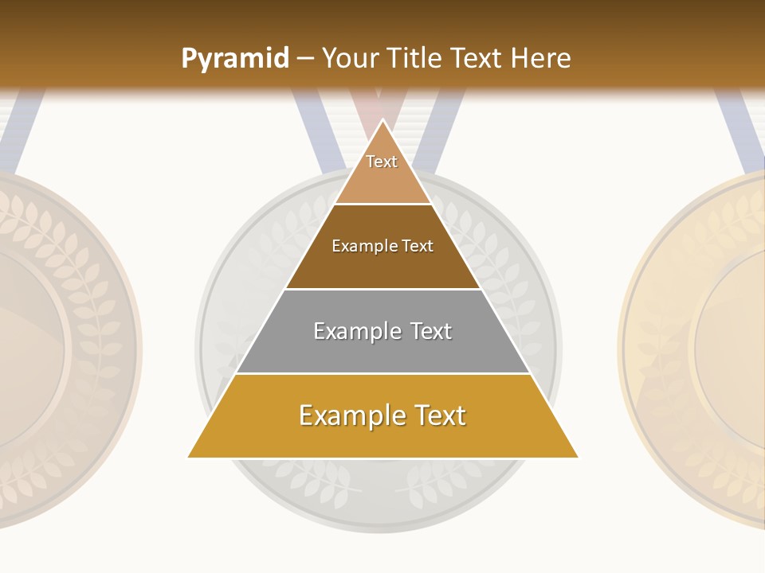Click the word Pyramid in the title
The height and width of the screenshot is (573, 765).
tap(235, 59)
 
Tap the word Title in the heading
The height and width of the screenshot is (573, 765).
tap(417, 58)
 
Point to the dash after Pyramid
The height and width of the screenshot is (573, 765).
tap(304, 59)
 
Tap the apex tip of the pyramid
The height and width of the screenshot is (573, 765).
tap(383, 121)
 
